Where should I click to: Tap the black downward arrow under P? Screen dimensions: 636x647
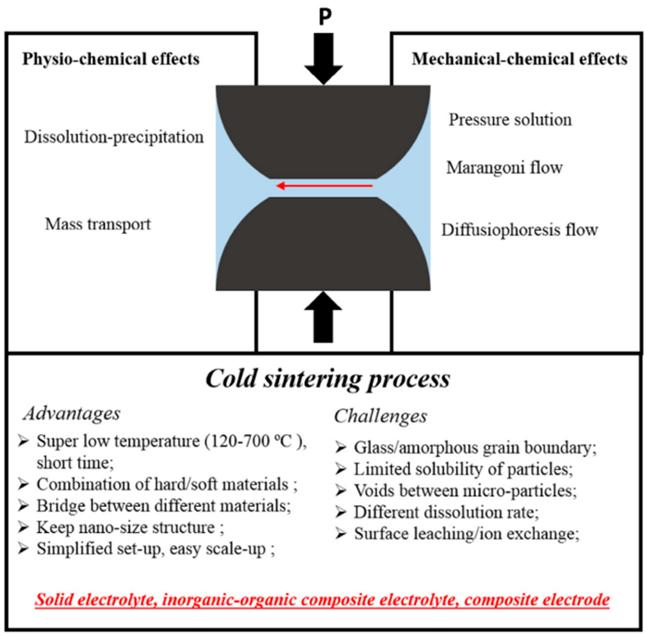(x=324, y=58)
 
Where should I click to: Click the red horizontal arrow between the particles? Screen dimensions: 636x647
(x=324, y=186)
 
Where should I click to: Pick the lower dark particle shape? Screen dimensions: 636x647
(x=323, y=247)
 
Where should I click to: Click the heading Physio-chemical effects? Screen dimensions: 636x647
(x=111, y=59)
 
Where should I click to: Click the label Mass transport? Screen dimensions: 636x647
(x=98, y=224)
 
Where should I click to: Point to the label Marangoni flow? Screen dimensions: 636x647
(x=504, y=168)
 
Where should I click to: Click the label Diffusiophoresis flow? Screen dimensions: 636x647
(x=520, y=230)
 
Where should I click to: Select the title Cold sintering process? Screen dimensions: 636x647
(x=328, y=379)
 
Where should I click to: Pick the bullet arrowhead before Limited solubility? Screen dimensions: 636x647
(x=341, y=469)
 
